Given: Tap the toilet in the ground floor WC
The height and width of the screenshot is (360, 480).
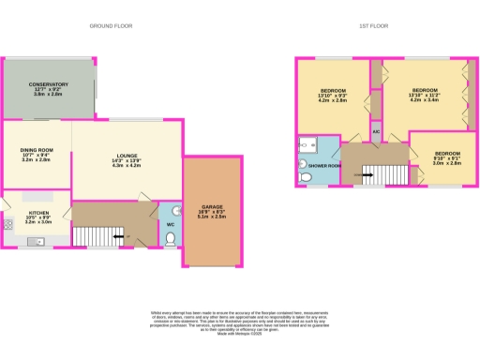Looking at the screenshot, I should [170, 239].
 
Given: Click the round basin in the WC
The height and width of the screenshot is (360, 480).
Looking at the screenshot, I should [165, 210].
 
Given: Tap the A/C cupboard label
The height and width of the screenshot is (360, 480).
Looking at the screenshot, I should [376, 133].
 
